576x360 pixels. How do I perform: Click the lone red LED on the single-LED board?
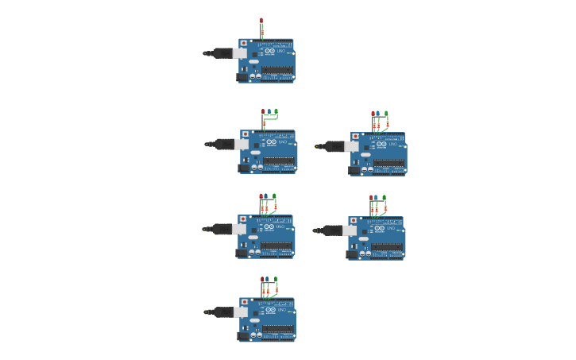pyautogui.click(x=261, y=21)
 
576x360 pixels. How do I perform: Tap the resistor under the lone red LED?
pyautogui.click(x=261, y=33)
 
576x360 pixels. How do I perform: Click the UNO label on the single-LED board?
pyautogui.click(x=280, y=51)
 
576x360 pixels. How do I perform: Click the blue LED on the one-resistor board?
pyautogui.click(x=269, y=112)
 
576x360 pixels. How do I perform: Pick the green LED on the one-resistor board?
pyautogui.click(x=276, y=112)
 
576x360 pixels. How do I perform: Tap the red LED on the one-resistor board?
pyautogui.click(x=263, y=112)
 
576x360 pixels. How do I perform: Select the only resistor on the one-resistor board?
pyautogui.click(x=264, y=123)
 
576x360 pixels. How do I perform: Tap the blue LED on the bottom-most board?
pyautogui.click(x=269, y=280)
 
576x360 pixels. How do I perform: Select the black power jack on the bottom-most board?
pyautogui.click(x=244, y=335)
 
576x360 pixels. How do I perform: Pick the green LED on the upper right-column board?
pyautogui.click(x=386, y=114)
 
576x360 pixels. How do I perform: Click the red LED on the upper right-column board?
pyautogui.click(x=373, y=114)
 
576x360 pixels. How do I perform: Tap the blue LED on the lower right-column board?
pyautogui.click(x=377, y=198)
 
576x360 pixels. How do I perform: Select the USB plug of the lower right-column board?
pyautogui.click(x=333, y=230)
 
